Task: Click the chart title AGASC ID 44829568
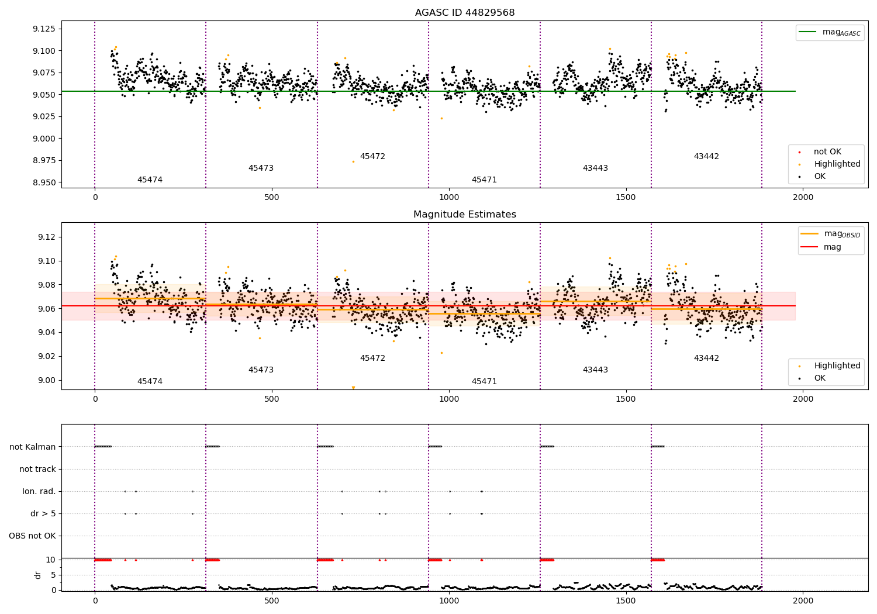point(464,13)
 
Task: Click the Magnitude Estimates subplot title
point(464,215)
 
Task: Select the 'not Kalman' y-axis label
point(33,447)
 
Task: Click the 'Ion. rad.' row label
point(39,491)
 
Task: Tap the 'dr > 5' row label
point(43,513)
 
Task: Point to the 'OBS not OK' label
point(33,536)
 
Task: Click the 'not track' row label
point(37,469)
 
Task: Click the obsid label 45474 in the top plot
point(150,180)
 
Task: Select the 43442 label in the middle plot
point(706,358)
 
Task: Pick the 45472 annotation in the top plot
point(372,157)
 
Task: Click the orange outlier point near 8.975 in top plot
point(353,161)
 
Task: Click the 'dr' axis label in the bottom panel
point(38,575)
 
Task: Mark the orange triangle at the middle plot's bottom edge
point(353,388)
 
